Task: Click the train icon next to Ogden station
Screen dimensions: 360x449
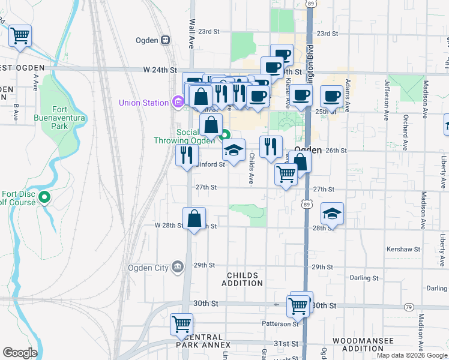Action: tap(166, 40)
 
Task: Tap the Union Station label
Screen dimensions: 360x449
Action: tap(143, 103)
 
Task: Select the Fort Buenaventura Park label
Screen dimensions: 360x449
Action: tap(68, 118)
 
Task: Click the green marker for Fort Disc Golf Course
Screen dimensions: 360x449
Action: tap(44, 197)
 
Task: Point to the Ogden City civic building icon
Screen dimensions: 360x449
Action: tap(178, 267)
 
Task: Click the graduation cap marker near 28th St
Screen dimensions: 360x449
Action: tap(331, 213)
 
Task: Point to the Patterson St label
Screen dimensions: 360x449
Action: tap(280, 324)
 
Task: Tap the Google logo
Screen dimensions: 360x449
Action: tap(20, 353)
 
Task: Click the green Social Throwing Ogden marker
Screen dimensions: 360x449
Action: tap(224, 134)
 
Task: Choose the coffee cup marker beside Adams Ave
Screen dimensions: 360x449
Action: tap(331, 96)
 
